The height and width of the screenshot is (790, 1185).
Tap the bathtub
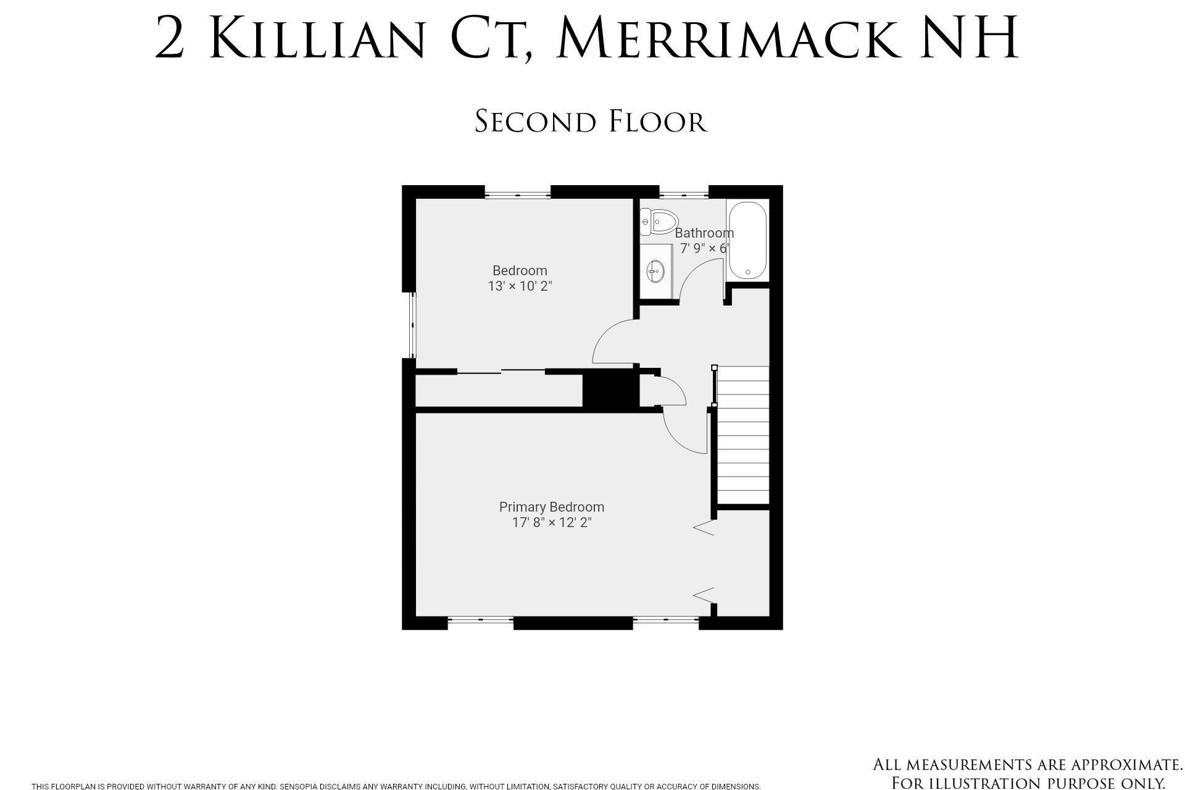pos(747,241)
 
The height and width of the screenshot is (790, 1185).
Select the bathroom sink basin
pos(655,270)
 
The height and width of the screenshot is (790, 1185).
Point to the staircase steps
pos(743,435)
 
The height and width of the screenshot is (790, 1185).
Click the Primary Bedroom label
pos(552,507)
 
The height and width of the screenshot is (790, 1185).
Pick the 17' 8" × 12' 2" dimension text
pos(552,523)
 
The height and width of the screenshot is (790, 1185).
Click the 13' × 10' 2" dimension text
pos(520,286)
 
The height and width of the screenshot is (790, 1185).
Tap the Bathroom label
pos(704,233)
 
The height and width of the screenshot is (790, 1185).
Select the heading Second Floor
pos(591,121)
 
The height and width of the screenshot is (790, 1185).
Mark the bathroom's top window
pos(684,196)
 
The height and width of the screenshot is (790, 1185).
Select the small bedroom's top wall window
pos(517,196)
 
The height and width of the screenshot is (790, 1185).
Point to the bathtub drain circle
pos(748,272)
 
